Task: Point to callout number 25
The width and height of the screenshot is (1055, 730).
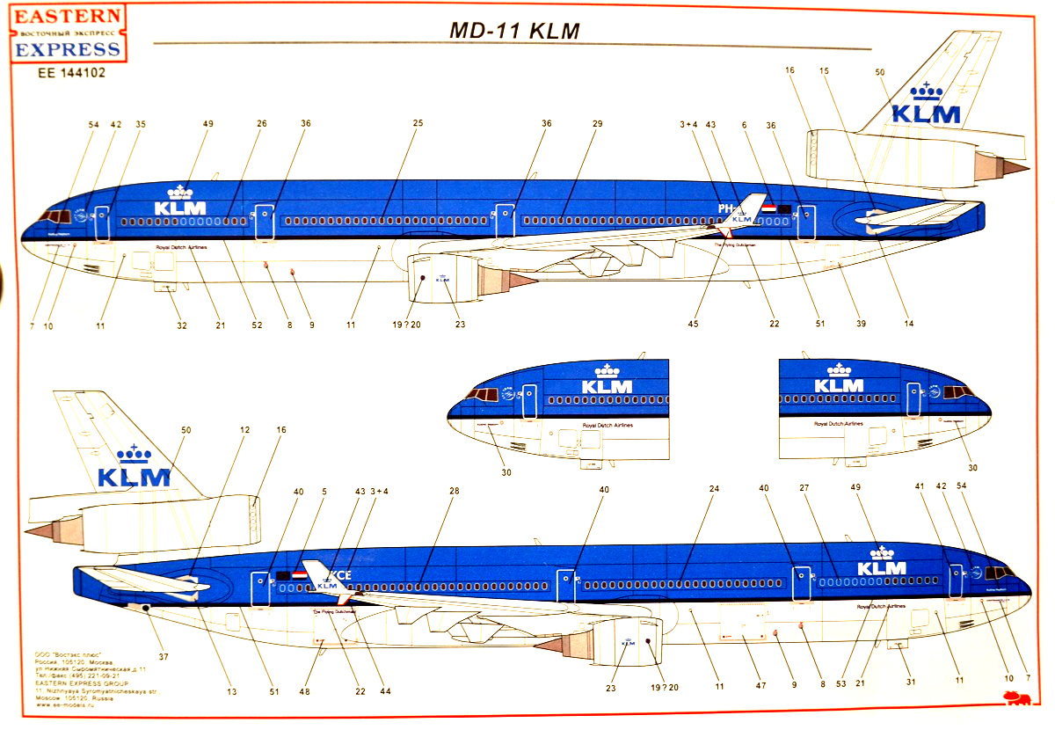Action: (x=418, y=123)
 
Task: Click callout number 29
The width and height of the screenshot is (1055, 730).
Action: (x=597, y=124)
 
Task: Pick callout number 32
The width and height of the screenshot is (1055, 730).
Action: (x=182, y=325)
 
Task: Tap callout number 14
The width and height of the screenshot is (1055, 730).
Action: (x=908, y=325)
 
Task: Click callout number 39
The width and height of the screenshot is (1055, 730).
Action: (x=861, y=325)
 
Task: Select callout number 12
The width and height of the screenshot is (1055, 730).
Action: (x=244, y=430)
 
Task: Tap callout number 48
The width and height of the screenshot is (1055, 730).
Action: (x=306, y=691)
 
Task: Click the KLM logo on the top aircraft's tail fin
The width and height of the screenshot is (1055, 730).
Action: (x=926, y=108)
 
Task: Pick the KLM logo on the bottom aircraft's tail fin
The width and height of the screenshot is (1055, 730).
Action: (x=134, y=471)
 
